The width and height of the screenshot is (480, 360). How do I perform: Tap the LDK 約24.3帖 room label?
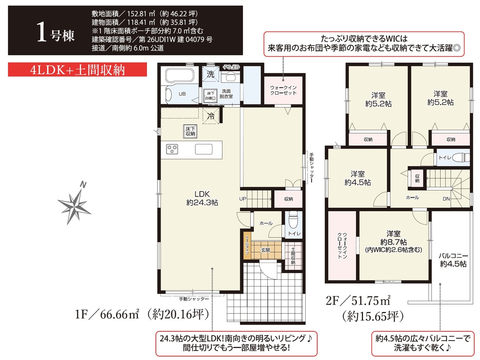coord(202,198)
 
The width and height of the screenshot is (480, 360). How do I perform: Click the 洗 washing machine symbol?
coord(210,74)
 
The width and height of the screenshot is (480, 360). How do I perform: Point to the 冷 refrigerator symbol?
coord(211,116)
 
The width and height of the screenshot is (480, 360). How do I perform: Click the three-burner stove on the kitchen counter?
coord(172,149)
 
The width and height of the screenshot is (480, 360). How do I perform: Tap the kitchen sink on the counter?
coord(204,149)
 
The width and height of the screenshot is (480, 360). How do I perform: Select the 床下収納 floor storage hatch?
coord(190,131)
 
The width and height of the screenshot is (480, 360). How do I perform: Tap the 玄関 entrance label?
coord(265,250)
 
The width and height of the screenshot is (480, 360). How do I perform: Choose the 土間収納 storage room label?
coord(293,256)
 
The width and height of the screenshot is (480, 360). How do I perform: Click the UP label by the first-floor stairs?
coord(243,199)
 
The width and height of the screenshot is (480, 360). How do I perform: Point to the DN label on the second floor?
coord(446,199)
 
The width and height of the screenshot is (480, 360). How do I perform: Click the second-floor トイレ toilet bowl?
coord(461,157)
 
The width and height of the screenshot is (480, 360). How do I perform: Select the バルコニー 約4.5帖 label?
coord(453,260)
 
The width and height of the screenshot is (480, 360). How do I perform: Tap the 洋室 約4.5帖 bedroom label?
coord(357,178)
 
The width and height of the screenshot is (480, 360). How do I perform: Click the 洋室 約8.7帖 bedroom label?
coord(393,241)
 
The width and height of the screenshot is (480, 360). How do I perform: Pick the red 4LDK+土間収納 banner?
coord(77,69)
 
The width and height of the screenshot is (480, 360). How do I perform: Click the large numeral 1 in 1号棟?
coord(42,32)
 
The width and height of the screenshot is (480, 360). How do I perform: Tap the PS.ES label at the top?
coord(231,67)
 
